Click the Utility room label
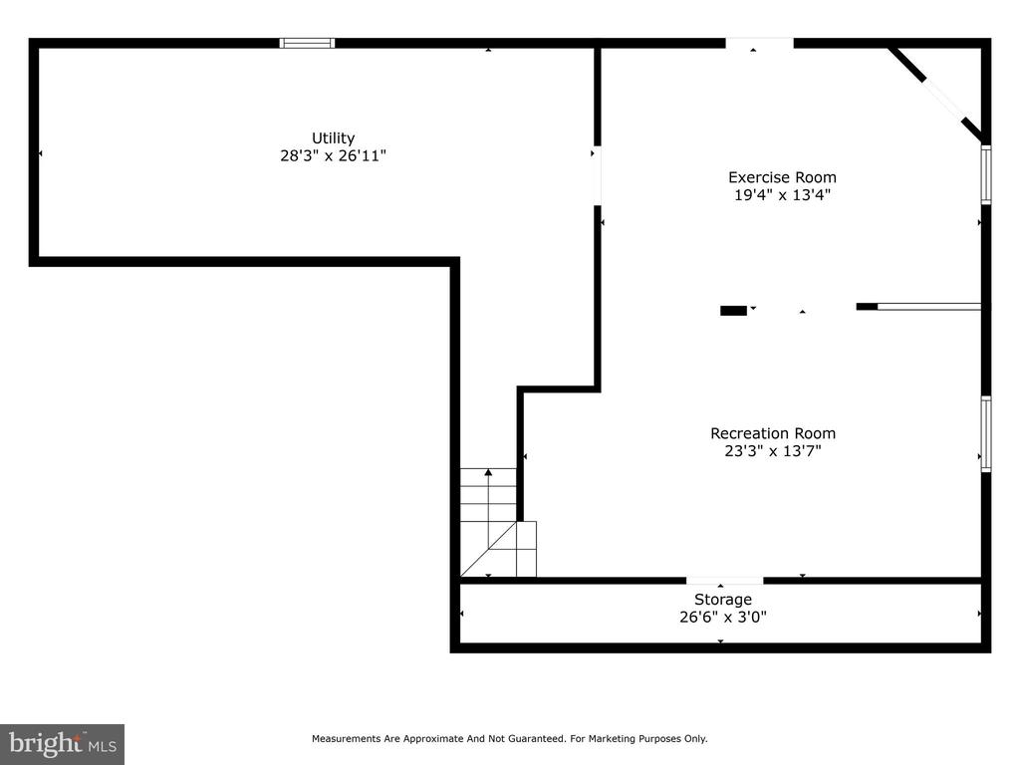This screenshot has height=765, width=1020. (x=333, y=137)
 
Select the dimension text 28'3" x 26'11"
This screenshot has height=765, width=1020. (x=333, y=155)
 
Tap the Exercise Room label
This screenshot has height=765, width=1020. (x=782, y=177)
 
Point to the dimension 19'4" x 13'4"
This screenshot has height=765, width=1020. (x=782, y=194)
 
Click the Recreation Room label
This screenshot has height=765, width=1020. (x=773, y=433)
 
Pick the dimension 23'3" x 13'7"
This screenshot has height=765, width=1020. (x=773, y=451)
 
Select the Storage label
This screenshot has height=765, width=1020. (x=723, y=600)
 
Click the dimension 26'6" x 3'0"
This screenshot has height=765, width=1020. (x=723, y=617)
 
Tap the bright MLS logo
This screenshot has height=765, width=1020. (x=63, y=744)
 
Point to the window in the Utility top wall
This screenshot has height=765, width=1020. (x=307, y=43)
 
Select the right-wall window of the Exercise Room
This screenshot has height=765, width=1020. (x=986, y=174)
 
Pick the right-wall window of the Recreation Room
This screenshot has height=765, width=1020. (x=986, y=433)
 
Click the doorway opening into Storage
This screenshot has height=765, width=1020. (x=725, y=581)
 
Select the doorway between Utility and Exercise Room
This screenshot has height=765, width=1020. (x=597, y=175)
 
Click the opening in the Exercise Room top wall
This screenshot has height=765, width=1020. (x=759, y=43)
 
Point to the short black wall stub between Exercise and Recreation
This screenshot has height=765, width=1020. (x=733, y=311)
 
